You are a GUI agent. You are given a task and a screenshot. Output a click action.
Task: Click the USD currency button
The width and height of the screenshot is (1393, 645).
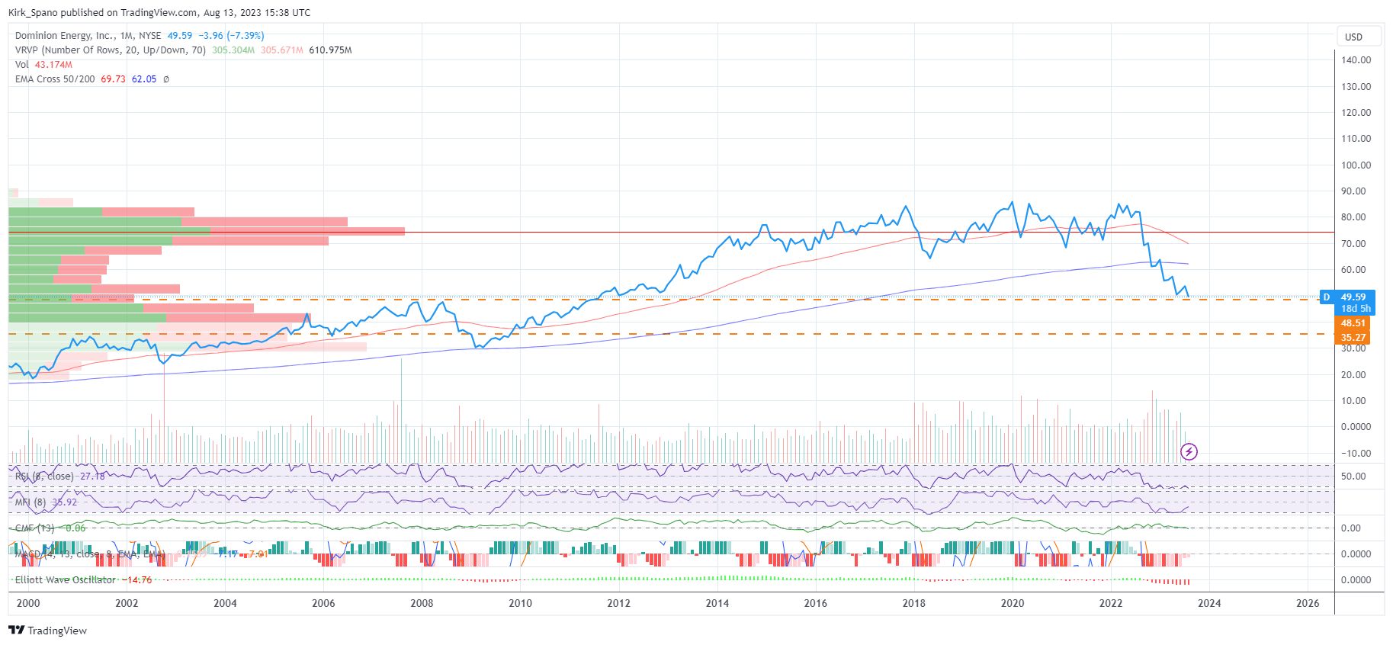coord(1353,37)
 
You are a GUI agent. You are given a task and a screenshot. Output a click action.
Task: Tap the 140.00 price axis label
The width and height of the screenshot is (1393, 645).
coord(1356,60)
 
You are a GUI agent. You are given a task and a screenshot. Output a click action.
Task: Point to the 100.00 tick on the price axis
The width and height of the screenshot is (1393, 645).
coord(1356,165)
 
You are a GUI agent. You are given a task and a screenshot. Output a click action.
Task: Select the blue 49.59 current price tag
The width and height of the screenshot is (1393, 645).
coord(1353,297)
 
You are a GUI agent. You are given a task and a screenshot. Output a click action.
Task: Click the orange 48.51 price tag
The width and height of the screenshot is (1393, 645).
coord(1353,323)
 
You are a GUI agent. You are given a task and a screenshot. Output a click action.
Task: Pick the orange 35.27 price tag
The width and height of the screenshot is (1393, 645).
coord(1353,338)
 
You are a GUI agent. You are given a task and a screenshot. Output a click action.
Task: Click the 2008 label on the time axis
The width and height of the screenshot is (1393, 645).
coord(422,603)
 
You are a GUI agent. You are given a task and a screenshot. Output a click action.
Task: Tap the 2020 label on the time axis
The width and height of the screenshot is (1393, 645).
coord(1012,603)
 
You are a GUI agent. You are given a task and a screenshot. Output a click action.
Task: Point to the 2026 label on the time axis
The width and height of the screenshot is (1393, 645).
coord(1308,603)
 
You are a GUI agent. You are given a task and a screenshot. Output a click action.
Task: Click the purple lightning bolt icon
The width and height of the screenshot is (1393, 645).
coord(1189,452)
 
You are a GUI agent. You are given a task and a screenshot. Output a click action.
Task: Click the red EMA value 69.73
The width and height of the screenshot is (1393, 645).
coord(113,79)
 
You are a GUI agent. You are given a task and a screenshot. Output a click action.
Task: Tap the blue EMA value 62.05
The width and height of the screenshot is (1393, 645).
coord(144,79)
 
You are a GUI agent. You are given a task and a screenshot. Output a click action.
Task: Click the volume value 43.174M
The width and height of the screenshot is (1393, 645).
coord(53,65)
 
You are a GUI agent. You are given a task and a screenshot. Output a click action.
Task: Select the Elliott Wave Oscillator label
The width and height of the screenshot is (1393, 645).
coord(66,580)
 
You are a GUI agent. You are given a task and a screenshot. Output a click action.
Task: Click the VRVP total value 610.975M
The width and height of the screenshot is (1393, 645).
coord(330,50)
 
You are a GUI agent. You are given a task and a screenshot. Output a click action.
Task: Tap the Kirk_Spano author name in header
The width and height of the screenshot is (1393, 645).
coord(33,13)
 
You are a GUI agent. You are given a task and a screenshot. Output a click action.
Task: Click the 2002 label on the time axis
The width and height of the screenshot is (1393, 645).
coord(127,603)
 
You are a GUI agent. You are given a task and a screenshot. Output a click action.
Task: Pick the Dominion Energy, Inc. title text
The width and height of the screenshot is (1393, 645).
coord(64,36)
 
